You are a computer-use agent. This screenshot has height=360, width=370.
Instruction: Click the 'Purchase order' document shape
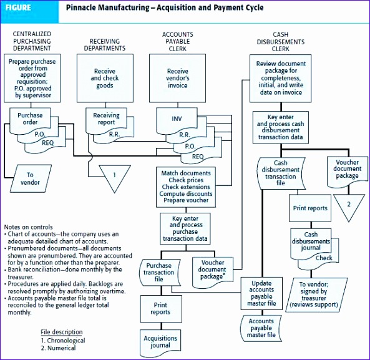click(30, 119)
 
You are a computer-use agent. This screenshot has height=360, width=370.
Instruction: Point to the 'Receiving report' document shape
click(106, 119)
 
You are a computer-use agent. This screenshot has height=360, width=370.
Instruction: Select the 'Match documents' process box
click(186, 187)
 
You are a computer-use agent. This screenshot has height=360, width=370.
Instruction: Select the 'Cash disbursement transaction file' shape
click(280, 172)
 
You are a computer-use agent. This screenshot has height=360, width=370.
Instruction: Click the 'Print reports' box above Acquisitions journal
click(160, 308)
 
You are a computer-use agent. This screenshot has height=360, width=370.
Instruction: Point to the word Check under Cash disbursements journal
click(324, 257)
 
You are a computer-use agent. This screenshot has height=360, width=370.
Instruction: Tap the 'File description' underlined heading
click(61, 331)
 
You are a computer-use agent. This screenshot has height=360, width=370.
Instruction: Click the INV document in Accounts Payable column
click(177, 118)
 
